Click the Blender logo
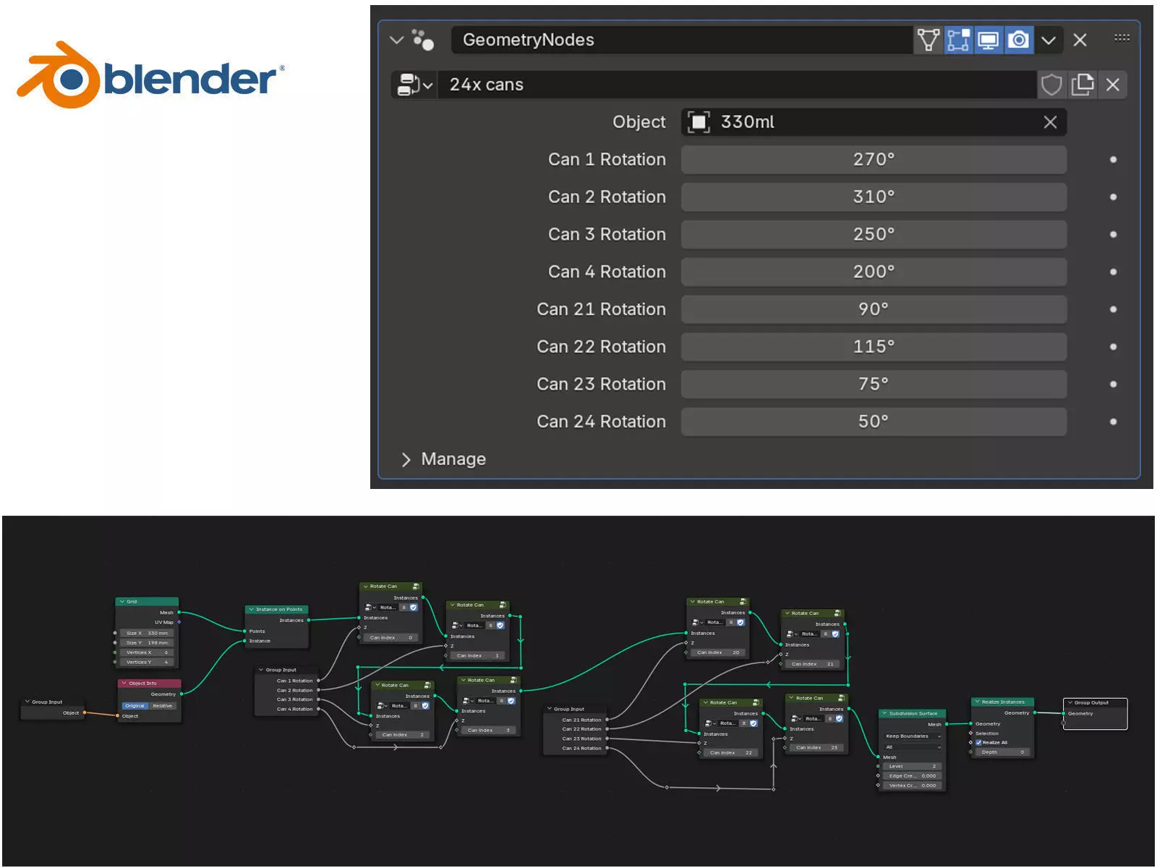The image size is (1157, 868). (150, 76)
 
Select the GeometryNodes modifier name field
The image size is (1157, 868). (680, 40)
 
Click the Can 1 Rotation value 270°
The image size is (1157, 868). (873, 160)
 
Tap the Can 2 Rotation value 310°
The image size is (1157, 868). (873, 197)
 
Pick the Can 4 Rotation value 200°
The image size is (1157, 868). (873, 272)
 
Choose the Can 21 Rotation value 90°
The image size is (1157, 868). (873, 310)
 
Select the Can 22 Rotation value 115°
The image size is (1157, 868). (873, 347)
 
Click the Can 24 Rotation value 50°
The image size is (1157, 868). (873, 422)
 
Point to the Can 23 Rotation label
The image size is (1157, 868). (601, 384)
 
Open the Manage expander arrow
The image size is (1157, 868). (406, 460)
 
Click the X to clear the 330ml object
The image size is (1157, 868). (1050, 122)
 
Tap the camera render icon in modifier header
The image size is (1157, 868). (1018, 40)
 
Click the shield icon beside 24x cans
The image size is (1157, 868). (1051, 85)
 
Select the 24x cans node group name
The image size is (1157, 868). (738, 85)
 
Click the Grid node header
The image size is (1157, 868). (148, 601)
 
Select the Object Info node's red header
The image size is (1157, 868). (150, 683)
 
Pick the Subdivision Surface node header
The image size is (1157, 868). (913, 713)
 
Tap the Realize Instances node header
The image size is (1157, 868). (1002, 702)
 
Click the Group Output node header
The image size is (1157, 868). (1094, 702)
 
